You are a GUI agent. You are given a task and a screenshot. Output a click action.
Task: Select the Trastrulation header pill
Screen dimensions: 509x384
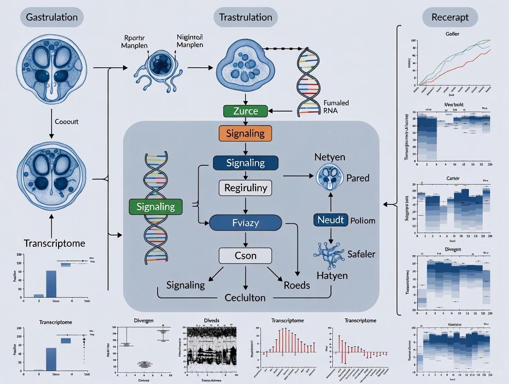coord(245,18)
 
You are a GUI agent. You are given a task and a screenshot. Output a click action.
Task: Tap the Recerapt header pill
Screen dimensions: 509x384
coord(450,18)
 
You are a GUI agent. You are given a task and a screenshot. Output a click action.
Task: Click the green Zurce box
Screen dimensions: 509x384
coord(245,111)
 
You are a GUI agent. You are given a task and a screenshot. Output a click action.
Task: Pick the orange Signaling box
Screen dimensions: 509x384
coord(245,134)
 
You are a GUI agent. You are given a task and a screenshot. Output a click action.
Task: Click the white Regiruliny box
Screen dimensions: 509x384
coord(245,188)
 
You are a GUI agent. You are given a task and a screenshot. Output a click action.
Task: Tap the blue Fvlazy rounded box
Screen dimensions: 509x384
coord(245,223)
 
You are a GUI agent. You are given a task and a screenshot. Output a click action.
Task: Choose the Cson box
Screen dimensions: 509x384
coord(245,256)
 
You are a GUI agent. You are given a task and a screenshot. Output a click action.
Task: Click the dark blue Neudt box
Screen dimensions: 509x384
coord(331,220)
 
